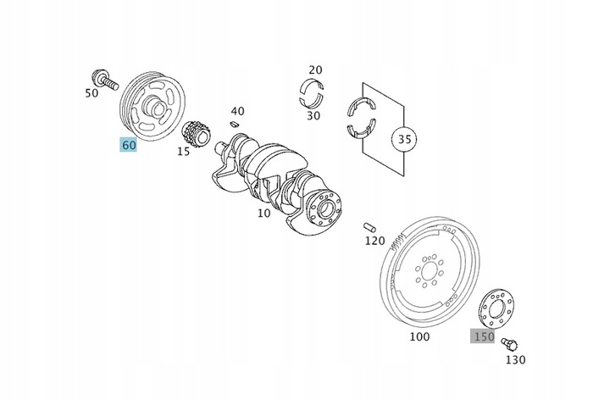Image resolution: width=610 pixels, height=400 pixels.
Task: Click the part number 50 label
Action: pos(91,92)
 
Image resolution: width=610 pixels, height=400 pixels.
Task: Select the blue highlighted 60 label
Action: pos(129,145)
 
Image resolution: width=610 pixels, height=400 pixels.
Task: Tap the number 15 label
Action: pos(183,152)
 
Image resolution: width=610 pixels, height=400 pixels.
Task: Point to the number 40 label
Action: pos(237,111)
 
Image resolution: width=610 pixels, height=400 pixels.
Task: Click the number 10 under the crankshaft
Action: pos(263,213)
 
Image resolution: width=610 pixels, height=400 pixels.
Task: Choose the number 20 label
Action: pos(315,69)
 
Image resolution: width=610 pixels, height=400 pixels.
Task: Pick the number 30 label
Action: pos(313,115)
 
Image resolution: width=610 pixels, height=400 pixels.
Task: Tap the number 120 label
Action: pos(374,241)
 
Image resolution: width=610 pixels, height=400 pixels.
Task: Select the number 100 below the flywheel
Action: pos(419,336)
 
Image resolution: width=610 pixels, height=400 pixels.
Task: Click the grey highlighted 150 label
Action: pos(483,336)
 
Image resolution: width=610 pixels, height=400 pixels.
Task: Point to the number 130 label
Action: pos(516,359)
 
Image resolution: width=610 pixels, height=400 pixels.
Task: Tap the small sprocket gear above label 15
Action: pos(198,132)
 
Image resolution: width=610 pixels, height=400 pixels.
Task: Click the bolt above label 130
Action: pos(507,343)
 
